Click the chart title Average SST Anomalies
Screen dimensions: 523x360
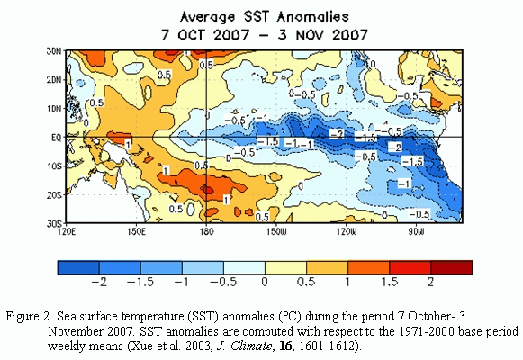[x=265, y=17]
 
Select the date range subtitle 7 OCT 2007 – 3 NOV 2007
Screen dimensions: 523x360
[x=265, y=35]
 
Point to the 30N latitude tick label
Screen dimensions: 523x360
[x=54, y=51]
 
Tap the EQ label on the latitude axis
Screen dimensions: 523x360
[x=57, y=138]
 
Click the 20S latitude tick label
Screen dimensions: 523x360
[x=54, y=194]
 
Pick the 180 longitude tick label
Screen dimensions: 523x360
[x=206, y=231]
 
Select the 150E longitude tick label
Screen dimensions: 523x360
[x=136, y=231]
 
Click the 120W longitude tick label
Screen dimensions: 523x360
[x=347, y=231]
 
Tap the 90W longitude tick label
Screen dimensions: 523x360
[x=416, y=231]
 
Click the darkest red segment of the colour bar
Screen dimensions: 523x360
[x=452, y=267]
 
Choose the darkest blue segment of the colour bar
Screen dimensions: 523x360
[x=78, y=267]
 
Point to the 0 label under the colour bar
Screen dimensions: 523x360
[x=265, y=282]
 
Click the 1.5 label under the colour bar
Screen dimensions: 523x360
[x=390, y=282]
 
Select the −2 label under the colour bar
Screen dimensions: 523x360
[x=99, y=282]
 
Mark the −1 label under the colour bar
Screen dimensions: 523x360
[x=182, y=282]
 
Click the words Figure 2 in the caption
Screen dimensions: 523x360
[x=29, y=316]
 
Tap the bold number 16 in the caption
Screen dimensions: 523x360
[x=285, y=346]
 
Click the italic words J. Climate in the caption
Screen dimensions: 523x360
[x=244, y=346]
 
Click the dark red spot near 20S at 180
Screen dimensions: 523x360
[x=207, y=190]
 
